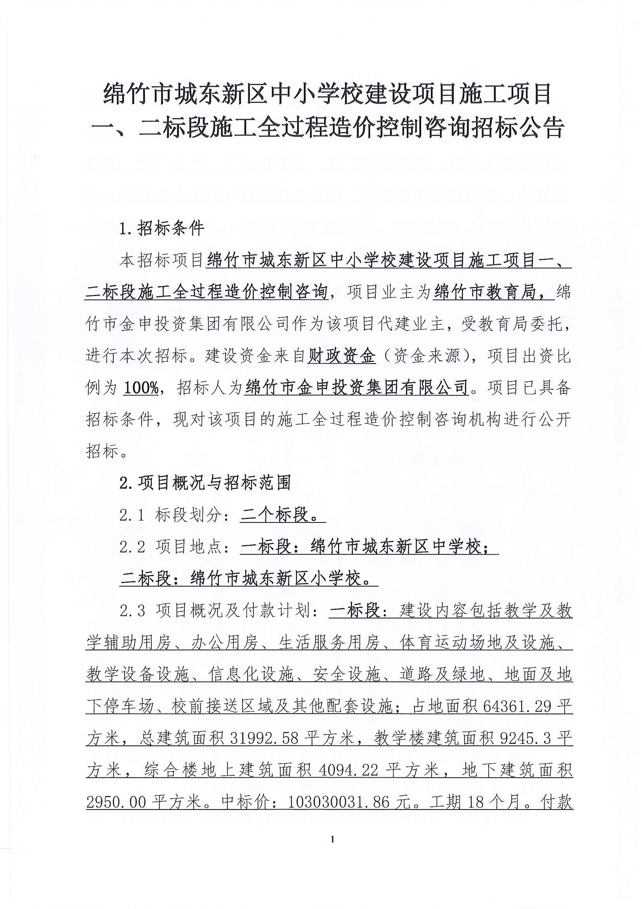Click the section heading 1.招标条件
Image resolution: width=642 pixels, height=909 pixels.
point(162,228)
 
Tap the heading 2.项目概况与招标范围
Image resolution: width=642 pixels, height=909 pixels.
point(205,482)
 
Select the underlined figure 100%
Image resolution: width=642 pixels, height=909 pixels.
point(141,388)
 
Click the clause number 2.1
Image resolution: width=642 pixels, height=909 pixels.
point(132,515)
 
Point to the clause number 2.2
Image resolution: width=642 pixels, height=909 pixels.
point(132,547)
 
